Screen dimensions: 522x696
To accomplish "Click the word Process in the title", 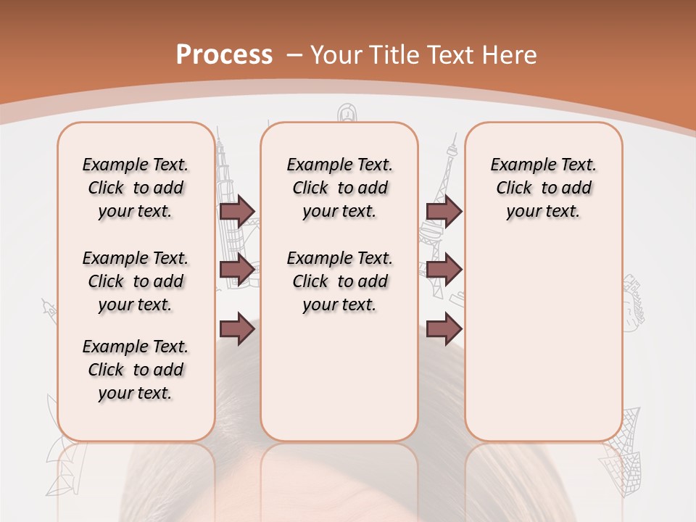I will click(224, 54).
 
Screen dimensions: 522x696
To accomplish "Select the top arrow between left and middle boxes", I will click(237, 211).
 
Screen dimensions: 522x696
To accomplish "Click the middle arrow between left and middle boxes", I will click(237, 270).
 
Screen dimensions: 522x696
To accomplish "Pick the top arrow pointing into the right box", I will click(444, 211).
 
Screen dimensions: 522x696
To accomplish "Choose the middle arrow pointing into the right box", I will click(444, 270).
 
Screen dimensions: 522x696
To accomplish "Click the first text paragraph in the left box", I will click(136, 188).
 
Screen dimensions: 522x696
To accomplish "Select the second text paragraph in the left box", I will click(136, 281).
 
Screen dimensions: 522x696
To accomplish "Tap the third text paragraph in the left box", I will click(136, 370).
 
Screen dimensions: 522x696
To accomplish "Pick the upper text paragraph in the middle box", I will click(339, 188).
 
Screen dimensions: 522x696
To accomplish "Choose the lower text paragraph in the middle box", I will click(339, 281).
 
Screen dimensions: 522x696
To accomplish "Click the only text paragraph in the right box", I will click(543, 188).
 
